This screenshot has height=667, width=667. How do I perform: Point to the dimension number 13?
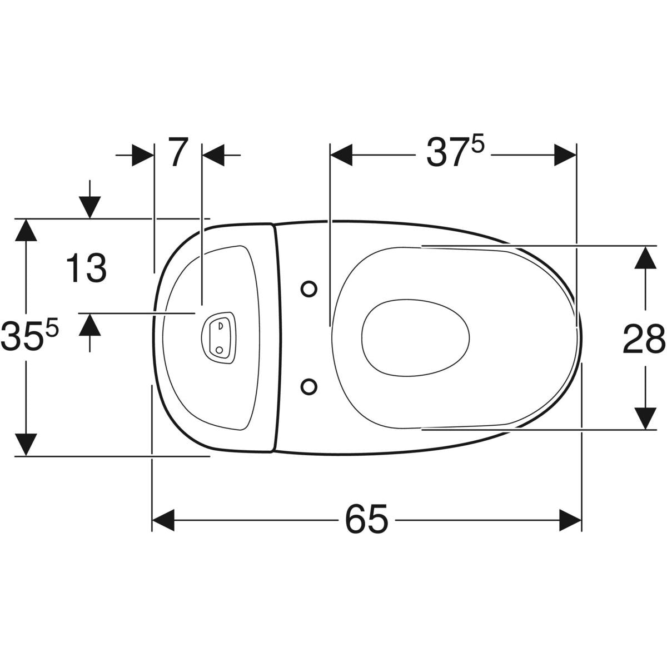tap(86, 267)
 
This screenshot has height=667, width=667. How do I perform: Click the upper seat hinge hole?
tap(308, 288)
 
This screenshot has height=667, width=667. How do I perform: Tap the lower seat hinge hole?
tap(308, 386)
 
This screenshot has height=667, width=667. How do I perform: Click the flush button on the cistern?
tap(219, 337)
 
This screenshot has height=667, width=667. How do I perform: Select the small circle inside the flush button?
tap(219, 350)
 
